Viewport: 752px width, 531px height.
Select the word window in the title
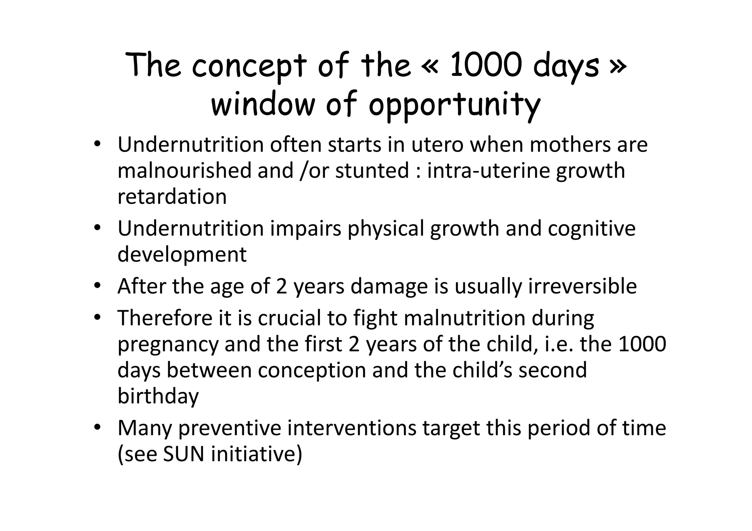(263, 105)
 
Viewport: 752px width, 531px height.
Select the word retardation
(172, 197)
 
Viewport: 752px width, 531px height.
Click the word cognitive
(592, 229)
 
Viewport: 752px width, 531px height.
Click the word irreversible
(582, 286)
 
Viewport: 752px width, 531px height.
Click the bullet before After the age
(97, 285)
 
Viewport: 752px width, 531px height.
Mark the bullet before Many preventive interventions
(97, 427)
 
